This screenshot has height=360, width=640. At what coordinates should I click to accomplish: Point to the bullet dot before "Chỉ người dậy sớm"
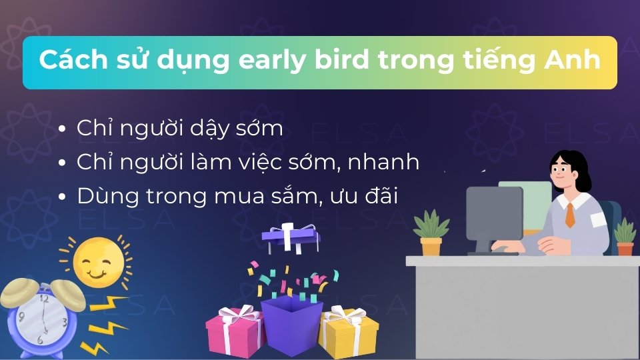(62, 129)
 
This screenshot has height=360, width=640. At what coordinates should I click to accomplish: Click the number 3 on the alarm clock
(64, 322)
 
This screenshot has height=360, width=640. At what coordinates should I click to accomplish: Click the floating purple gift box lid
(291, 235)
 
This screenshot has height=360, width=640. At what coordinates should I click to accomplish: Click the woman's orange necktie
(570, 215)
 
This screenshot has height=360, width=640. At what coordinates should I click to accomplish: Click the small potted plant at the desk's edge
(625, 238)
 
